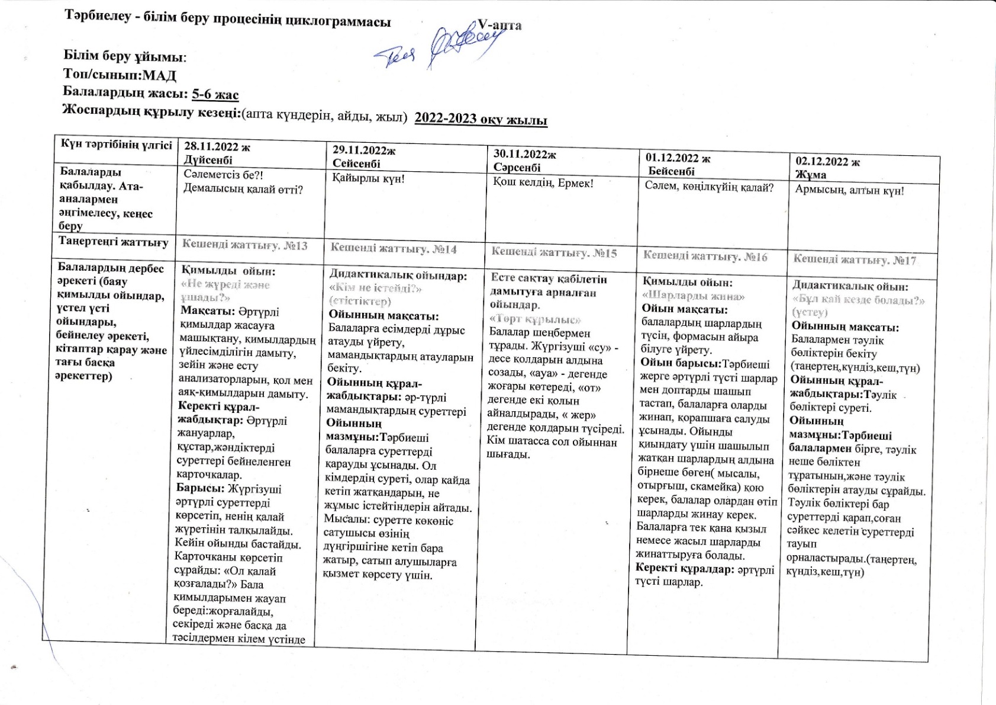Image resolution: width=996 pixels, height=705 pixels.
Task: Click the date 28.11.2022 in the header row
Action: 217,147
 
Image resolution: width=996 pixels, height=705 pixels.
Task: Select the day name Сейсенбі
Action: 356,164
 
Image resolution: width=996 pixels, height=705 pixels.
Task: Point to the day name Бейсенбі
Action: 671,171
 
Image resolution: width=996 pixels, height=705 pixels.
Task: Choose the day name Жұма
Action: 811,175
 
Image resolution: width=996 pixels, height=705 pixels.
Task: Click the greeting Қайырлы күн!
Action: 368,178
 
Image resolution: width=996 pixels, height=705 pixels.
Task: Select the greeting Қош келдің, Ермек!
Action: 543,182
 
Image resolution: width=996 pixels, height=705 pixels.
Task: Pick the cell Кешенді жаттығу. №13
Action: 244,245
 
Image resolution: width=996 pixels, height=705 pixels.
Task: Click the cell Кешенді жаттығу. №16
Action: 705,256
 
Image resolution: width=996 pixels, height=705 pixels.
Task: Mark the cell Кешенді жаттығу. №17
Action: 855,259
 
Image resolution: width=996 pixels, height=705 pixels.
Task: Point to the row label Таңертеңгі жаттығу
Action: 114,242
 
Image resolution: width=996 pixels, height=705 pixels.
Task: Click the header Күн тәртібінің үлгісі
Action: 116,145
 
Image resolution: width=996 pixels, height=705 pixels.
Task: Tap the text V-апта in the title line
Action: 499,25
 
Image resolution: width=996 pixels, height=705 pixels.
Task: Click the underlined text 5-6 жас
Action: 215,94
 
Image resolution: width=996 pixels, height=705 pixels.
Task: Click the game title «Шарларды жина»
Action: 693,296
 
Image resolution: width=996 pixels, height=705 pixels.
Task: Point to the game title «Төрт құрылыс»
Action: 536,319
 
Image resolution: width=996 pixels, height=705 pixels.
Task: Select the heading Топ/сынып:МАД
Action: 120,75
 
